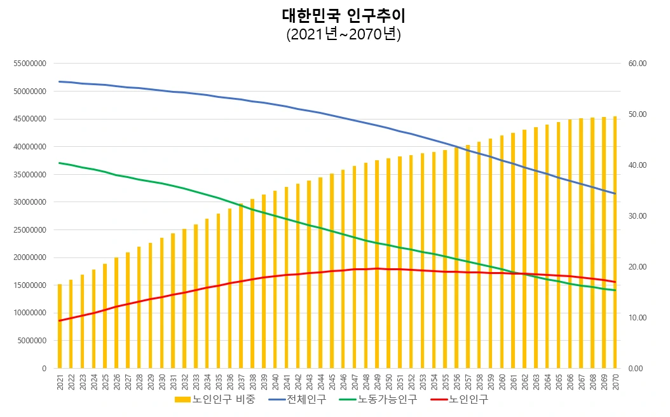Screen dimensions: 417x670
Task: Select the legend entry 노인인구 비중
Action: pos(215,400)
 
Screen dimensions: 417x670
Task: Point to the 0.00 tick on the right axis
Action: pos(636,369)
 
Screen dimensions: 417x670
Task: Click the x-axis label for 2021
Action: pos(60,381)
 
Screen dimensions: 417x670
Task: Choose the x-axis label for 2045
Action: pos(332,381)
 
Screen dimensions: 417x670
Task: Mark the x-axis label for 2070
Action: pos(615,381)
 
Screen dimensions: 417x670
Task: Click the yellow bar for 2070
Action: pos(615,242)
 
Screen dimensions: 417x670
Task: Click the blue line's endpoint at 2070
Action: pos(615,194)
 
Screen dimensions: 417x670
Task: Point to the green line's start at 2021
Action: pos(60,163)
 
